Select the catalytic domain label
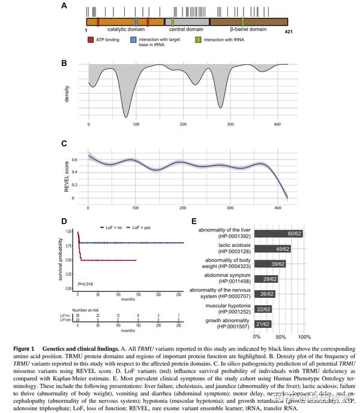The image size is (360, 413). [124, 29]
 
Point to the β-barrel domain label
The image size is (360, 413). [248, 29]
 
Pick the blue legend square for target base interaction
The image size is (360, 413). [134, 40]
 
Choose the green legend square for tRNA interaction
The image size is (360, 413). [207, 40]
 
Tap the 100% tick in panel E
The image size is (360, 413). [304, 337]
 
